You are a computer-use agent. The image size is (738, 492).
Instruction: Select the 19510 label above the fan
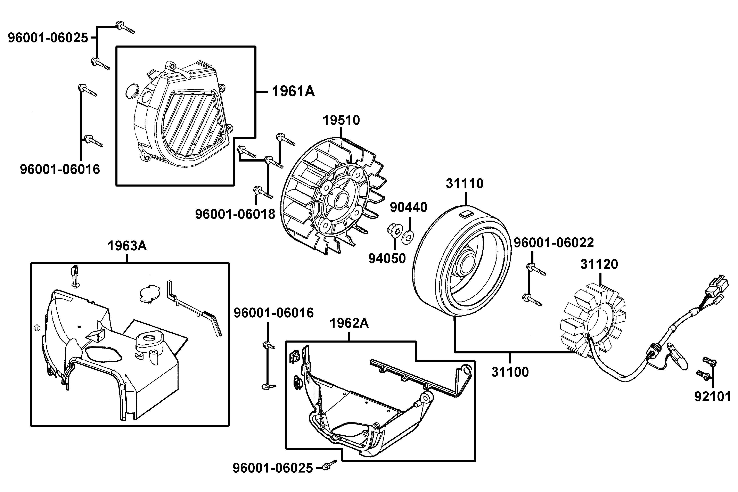point(341,120)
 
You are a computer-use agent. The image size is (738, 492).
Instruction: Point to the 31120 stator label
point(599,264)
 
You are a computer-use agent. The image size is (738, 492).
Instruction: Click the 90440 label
point(409,207)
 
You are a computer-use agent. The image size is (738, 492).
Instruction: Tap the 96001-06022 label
point(553,243)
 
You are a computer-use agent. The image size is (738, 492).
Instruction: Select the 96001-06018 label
point(235,214)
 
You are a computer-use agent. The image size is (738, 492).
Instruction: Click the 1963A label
point(127,246)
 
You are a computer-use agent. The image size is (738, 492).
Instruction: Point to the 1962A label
point(349,323)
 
